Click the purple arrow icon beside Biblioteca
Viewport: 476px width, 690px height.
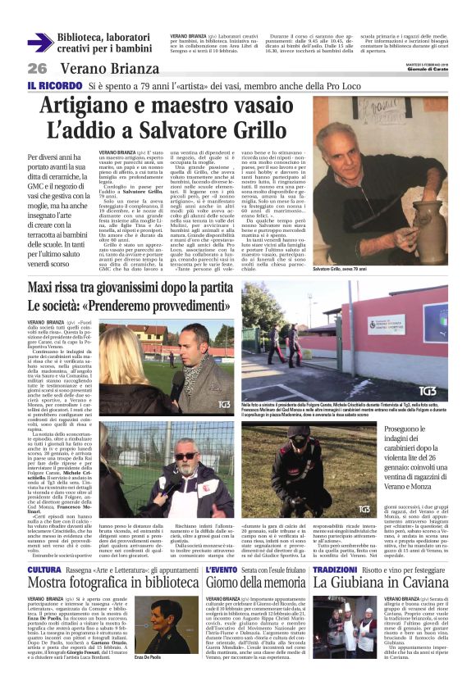click(x=39, y=43)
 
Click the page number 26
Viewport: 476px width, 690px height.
click(x=37, y=68)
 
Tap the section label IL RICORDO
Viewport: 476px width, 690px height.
click(x=53, y=85)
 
